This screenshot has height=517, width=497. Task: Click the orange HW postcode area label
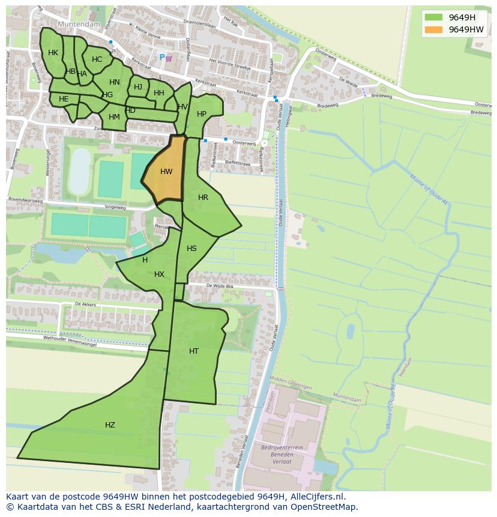point(166,172)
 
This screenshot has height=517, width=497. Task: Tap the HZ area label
point(110,425)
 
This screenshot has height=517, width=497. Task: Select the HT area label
point(194,351)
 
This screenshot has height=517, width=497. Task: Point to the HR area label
point(203,198)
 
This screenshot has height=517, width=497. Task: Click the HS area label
point(191,249)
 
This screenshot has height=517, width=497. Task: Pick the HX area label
point(159,274)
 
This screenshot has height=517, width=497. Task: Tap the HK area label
point(53,53)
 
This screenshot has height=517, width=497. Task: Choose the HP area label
point(202,114)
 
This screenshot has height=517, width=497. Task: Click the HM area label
point(114,117)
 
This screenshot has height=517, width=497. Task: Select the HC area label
point(97,59)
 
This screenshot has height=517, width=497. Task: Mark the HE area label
point(64,99)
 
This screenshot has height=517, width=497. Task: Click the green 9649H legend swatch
point(433,17)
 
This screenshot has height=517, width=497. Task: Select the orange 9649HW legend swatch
point(433,29)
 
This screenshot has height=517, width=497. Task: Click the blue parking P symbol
point(161,58)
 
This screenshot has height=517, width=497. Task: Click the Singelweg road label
point(115,207)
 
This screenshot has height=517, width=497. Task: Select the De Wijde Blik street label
point(220,286)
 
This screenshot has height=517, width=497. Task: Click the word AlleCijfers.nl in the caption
point(316,497)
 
